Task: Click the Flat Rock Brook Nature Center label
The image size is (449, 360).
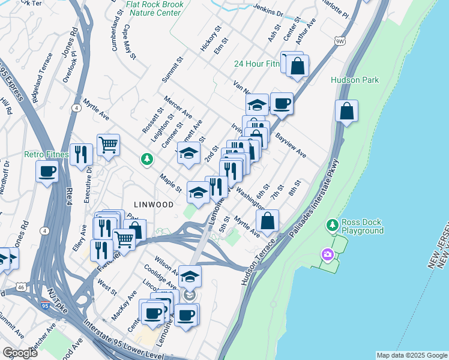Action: [154, 8]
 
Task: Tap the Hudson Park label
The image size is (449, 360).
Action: [355, 80]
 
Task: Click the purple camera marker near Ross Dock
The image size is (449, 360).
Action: [328, 255]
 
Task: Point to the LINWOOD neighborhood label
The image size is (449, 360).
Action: [149, 205]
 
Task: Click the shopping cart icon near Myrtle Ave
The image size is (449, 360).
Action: [108, 144]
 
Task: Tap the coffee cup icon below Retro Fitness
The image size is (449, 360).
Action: [47, 172]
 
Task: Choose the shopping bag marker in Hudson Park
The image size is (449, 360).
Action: [347, 111]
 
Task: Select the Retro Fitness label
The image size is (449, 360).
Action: [46, 154]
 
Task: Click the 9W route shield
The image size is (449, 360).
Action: [340, 41]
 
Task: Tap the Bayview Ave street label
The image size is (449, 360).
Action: [291, 146]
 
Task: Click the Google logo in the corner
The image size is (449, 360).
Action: [20, 353]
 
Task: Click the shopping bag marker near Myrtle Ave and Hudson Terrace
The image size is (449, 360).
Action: [268, 220]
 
